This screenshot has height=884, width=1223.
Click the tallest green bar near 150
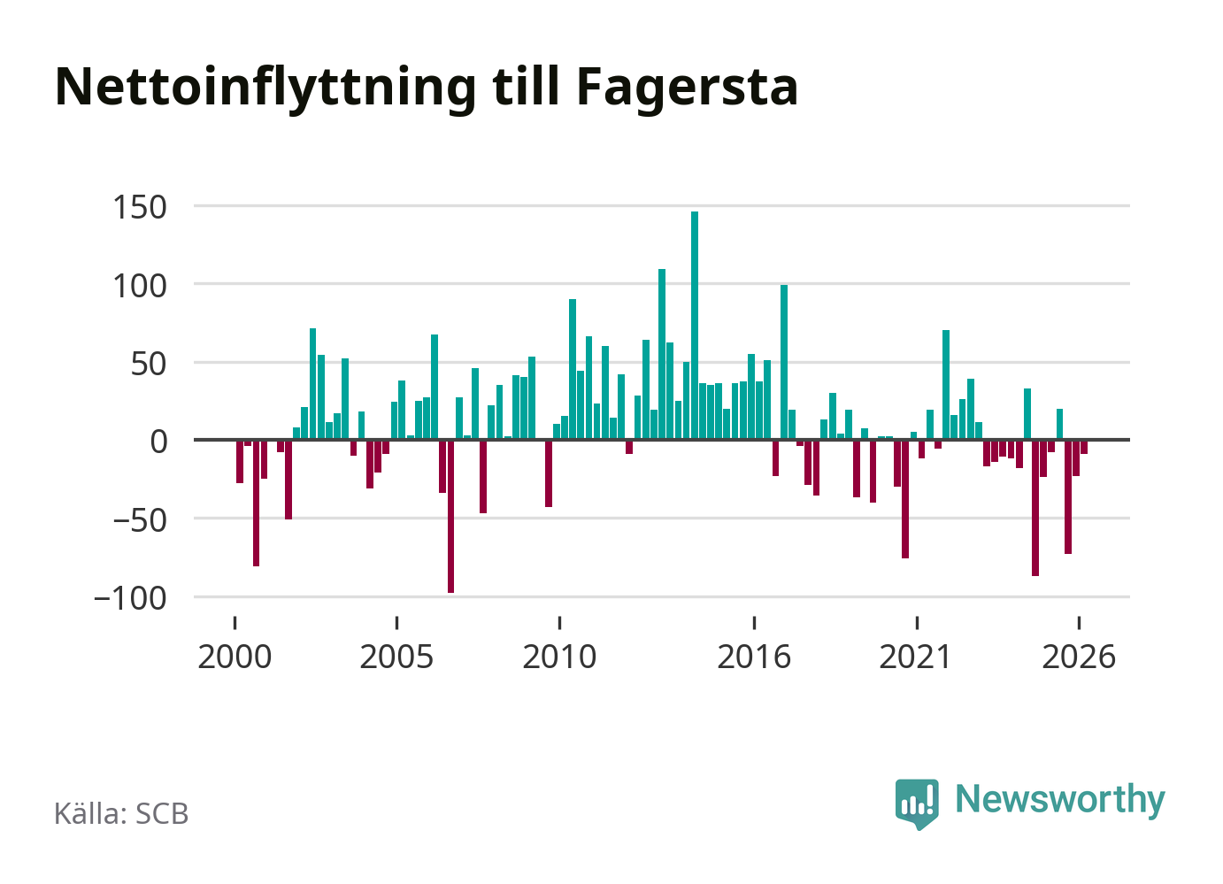coord(695,326)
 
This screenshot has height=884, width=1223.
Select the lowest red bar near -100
coord(450,516)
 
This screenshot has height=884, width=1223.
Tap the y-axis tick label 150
coord(140,207)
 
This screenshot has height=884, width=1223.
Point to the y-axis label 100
coord(140,286)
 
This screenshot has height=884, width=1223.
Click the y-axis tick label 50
coord(149,365)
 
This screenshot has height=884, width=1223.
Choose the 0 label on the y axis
coord(158,442)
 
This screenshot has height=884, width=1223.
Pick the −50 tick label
coord(140,520)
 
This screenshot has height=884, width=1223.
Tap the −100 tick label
coord(130,599)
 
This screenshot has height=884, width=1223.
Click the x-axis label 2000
coord(235,657)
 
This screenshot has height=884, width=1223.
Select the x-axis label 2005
coord(397,657)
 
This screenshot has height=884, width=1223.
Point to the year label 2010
coord(559,657)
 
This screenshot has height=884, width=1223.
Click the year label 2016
coord(754,657)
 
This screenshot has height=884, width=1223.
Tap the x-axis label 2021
coord(917,657)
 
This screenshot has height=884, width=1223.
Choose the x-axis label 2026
coord(1079,657)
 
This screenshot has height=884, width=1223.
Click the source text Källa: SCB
coord(121,813)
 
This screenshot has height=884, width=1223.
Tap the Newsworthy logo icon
coord(917,803)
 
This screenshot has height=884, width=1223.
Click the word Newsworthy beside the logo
coord(1060,801)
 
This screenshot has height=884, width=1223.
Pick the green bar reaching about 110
coord(662,354)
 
